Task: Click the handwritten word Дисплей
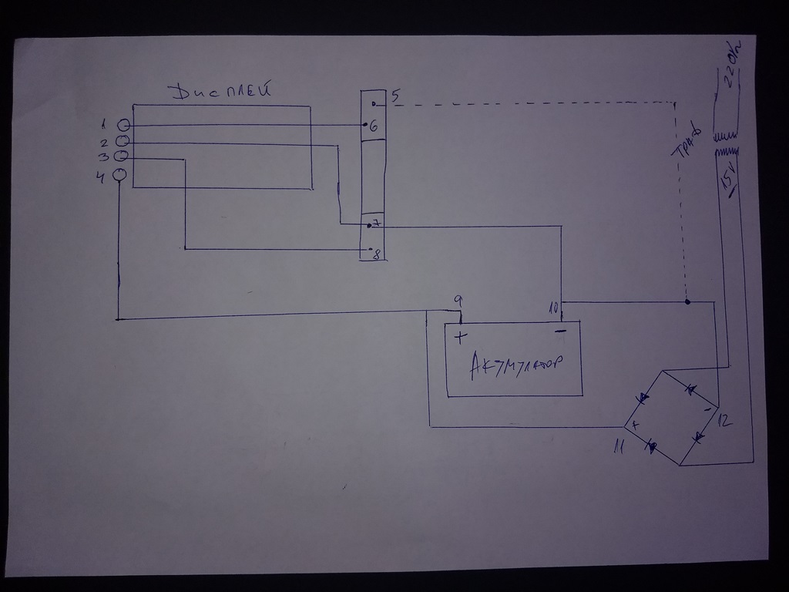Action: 222,92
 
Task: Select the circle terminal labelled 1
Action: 123,125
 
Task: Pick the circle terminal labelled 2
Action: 122,141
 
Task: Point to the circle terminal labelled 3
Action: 121,157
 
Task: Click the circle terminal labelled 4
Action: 119,175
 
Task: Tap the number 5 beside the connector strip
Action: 394,97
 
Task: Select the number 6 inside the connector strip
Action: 374,126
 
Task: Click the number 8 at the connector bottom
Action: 377,254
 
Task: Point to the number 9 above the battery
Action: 458,299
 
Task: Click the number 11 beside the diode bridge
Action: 617,446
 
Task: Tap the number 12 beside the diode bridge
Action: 725,420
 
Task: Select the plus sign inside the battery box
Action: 460,337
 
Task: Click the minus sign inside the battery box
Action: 561,331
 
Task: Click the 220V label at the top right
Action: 727,62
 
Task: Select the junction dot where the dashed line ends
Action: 687,301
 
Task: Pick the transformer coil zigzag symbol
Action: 725,144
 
